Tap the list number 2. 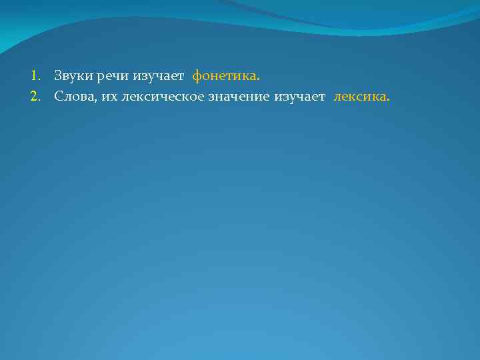(x=34, y=97)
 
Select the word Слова (x=74, y=97)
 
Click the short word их (x=107, y=98)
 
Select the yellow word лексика (x=359, y=97)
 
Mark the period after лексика (x=389, y=101)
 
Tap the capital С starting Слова (x=59, y=97)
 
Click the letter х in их (x=111, y=98)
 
